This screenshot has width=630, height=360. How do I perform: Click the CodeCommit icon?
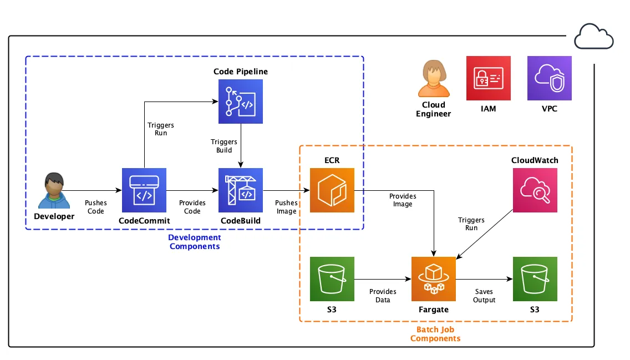point(144,190)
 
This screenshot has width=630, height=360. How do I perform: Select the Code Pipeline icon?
point(240,101)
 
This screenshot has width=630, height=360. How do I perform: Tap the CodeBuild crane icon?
point(240,190)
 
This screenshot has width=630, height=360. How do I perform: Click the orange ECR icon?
point(332,190)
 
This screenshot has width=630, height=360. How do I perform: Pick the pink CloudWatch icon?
point(535,190)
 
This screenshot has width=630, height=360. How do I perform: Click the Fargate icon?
point(433,279)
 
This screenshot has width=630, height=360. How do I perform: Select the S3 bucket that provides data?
point(332,279)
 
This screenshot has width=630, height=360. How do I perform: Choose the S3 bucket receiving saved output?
point(535,279)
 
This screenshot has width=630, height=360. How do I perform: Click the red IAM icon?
point(488,78)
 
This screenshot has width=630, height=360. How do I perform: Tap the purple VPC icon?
point(549,78)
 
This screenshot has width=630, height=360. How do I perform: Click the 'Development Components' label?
point(194,242)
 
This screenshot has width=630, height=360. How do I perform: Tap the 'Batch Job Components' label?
point(435,334)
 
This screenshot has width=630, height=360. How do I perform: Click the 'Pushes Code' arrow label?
point(96,207)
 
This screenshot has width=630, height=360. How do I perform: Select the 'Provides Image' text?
point(403,200)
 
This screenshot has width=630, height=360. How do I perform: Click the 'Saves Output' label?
point(484,296)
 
